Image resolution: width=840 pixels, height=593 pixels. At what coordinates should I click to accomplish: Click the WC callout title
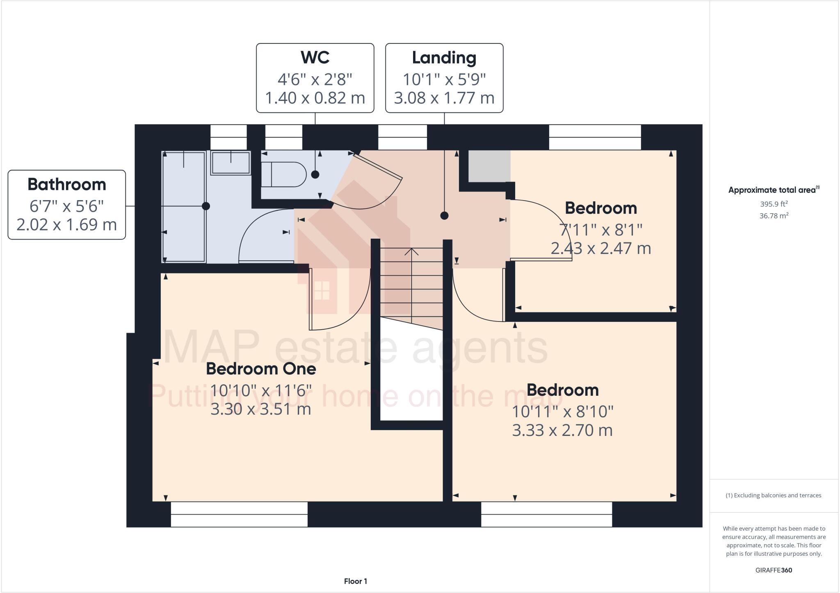pos(315,57)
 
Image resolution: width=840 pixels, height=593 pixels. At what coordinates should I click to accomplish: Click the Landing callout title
pos(444,57)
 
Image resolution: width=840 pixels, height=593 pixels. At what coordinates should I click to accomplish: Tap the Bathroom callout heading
pos(66,185)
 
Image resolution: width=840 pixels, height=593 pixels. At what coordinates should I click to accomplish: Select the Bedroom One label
pos(261,369)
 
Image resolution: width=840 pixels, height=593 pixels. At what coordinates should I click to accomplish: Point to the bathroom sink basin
pos(231,162)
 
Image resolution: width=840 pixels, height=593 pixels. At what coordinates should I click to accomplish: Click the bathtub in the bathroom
pos(184,206)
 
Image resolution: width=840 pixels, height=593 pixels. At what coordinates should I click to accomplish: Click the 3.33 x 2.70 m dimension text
pos(562,430)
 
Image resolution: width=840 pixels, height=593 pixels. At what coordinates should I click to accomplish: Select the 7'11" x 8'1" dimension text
pos(600,230)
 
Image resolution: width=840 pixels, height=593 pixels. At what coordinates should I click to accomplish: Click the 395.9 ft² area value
pos(774,204)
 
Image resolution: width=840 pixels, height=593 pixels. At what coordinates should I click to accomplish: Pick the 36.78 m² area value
pos(774,216)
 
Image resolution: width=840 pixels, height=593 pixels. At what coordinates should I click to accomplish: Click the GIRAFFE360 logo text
pos(774,570)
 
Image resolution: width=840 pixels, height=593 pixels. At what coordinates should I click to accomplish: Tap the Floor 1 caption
pos(355,581)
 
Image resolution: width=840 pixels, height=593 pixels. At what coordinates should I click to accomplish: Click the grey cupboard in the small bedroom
pos(489,166)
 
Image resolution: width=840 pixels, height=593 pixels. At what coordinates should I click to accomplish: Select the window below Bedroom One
pos(239,514)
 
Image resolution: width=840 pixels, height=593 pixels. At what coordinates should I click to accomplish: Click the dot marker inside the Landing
pos(444,216)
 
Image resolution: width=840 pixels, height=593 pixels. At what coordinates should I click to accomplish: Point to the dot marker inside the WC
pos(315,174)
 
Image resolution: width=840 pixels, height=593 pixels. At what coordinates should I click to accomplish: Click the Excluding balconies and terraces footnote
pos(774,495)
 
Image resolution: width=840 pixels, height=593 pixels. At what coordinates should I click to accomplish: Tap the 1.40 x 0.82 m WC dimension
pos(315,98)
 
